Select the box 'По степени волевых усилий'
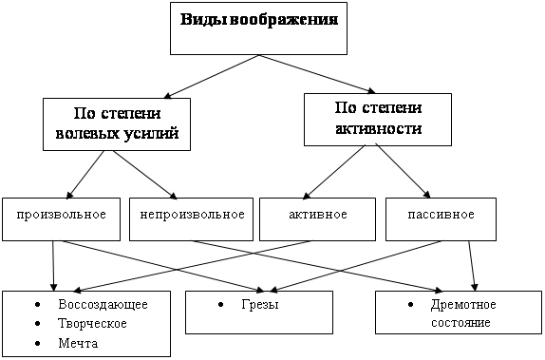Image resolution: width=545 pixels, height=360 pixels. [x=114, y=123]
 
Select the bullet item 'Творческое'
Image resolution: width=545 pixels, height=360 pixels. [x=92, y=324]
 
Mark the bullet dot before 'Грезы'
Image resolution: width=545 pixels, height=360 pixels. [x=221, y=305]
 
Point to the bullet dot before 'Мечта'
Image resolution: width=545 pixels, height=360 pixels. [x=36, y=343]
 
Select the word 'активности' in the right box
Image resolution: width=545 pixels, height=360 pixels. [x=377, y=127]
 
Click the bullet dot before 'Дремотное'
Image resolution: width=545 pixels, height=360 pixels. [x=410, y=305]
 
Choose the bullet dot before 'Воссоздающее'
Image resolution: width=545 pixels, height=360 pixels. [x=36, y=305]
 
